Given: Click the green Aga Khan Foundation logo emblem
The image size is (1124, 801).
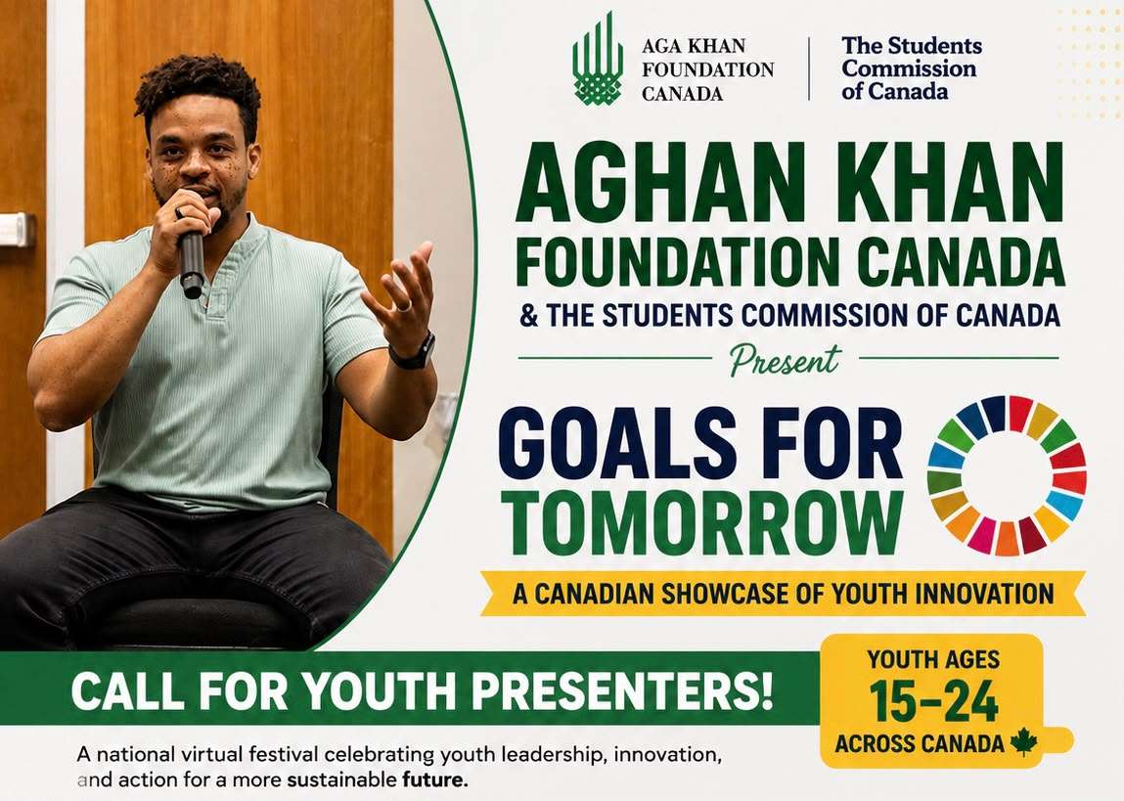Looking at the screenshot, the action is point(597,59).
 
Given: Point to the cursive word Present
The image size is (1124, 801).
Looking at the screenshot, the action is point(785,360).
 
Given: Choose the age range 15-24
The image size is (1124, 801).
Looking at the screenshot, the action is point(933,701).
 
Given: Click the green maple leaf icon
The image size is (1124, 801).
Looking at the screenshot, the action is point(1023,741).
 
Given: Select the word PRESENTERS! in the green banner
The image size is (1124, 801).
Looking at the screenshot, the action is point(623,691).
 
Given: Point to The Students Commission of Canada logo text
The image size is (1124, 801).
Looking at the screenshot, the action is point(912,68).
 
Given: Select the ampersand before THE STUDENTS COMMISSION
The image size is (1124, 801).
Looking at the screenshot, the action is point(529,316).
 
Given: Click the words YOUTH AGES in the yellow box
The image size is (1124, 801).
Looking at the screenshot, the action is point(933,659).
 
